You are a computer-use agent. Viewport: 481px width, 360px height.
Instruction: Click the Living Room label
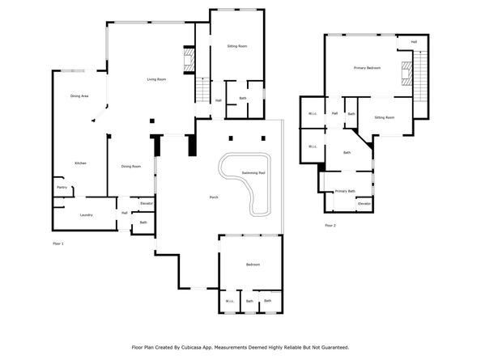click(x=156, y=79)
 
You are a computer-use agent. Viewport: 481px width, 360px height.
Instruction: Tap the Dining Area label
click(x=79, y=96)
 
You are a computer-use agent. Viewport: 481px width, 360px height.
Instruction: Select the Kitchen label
click(x=81, y=163)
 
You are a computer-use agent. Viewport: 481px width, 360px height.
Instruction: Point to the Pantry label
click(x=62, y=188)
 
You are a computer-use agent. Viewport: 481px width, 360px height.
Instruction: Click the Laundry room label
click(x=86, y=214)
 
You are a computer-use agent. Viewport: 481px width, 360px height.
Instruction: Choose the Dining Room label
click(x=131, y=167)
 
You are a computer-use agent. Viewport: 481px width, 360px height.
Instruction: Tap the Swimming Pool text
click(x=253, y=173)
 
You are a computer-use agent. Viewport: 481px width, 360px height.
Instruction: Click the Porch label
click(x=214, y=197)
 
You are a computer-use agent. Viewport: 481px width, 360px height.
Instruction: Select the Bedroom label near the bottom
click(x=252, y=265)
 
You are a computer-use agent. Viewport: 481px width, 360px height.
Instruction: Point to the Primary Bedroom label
click(x=367, y=68)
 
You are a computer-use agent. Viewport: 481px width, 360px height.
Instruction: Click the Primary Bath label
click(x=346, y=191)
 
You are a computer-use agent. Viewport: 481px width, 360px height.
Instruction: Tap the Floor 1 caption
click(x=57, y=243)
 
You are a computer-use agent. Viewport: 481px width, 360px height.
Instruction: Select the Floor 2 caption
click(x=330, y=225)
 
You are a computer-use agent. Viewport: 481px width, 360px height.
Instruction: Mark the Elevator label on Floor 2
click(x=364, y=203)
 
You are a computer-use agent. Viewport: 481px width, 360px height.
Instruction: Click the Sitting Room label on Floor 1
click(x=237, y=46)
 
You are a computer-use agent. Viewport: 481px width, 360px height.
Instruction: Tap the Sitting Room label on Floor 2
click(x=385, y=118)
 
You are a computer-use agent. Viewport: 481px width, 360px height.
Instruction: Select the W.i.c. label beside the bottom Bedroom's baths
click(x=229, y=302)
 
